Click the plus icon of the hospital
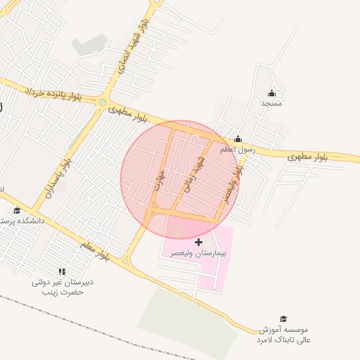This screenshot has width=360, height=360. click(199, 242)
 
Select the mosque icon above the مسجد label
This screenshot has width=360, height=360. click(272, 94)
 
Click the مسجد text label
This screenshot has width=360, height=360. click(271, 103)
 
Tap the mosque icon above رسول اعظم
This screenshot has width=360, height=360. click(238, 139)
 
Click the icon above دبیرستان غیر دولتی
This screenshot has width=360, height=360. click(62, 271)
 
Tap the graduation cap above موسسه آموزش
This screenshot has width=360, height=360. click(283, 319)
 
